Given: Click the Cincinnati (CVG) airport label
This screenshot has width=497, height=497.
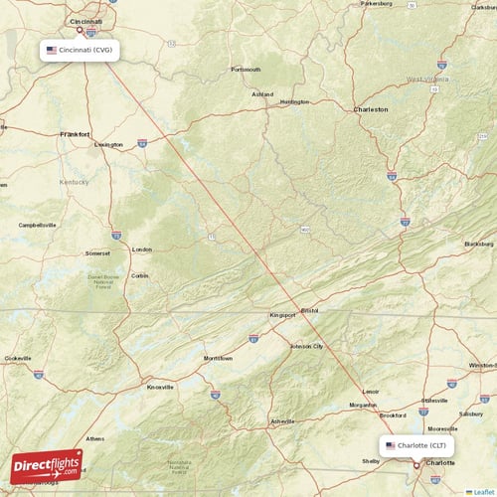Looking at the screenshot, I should [82, 49].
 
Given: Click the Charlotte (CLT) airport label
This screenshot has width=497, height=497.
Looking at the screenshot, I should [417, 445].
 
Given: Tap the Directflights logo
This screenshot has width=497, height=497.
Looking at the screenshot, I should [47, 465].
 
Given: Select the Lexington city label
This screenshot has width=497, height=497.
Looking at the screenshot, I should [108, 144].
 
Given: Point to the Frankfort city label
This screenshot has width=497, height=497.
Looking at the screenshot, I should [75, 133].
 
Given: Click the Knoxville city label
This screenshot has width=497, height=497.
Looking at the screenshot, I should [159, 387].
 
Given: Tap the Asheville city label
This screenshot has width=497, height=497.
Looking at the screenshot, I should [283, 420].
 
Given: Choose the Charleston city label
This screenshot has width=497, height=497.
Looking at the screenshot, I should [371, 109].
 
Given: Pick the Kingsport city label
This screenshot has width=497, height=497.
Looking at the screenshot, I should [282, 315].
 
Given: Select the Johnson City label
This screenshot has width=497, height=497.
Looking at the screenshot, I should [306, 346].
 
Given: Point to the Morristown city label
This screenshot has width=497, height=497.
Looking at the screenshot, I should [218, 358].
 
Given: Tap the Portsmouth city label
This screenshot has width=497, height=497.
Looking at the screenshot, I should [246, 70].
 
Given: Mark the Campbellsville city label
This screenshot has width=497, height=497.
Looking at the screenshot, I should [38, 225].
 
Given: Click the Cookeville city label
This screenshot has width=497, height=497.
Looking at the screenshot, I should [18, 358].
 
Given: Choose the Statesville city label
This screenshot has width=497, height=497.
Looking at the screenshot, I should [434, 400].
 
